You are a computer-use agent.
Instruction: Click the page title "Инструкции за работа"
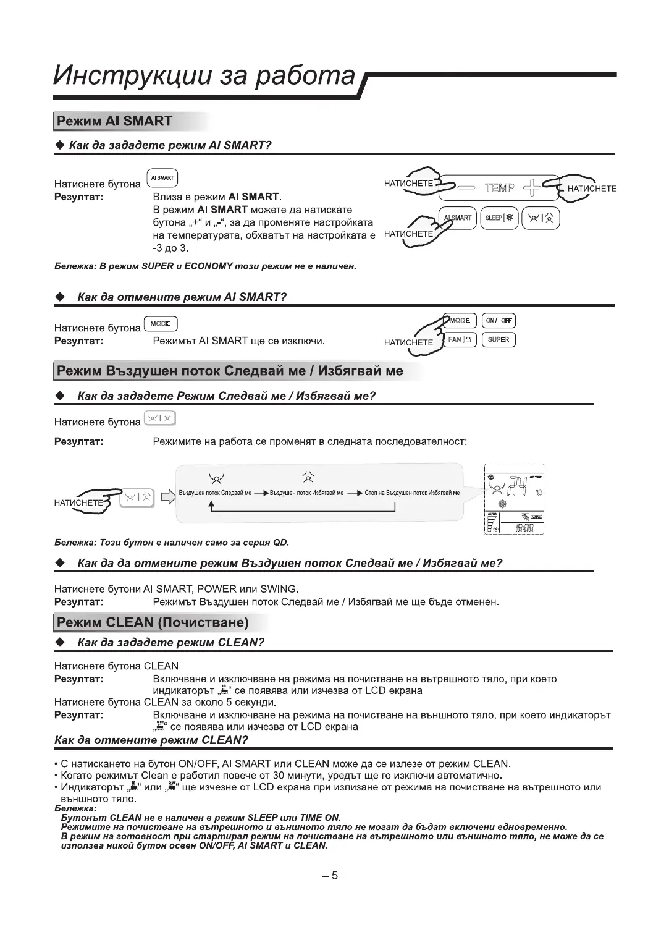tap(204, 75)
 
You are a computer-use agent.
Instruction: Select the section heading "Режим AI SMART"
tap(114, 121)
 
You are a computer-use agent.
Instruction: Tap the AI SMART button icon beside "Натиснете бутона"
tap(162, 178)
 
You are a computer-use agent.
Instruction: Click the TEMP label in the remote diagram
tap(499, 188)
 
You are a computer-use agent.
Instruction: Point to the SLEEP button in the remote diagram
tap(499, 218)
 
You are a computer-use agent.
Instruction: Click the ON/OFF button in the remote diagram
tap(498, 321)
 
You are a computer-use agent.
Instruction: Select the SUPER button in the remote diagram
tap(498, 339)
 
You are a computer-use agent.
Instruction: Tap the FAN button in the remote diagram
tap(461, 339)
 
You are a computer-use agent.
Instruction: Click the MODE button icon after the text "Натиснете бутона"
tap(161, 324)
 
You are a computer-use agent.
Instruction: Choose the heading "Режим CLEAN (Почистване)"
tap(153, 622)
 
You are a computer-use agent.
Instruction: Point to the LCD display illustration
tap(513, 499)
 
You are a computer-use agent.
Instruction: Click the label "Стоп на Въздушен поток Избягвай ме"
tap(412, 493)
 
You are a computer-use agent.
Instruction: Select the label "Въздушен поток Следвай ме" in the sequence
tap(215, 493)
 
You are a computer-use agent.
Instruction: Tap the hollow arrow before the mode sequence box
tap(167, 497)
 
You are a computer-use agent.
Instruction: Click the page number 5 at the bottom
tap(335, 875)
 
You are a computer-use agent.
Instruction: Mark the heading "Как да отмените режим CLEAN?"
tap(151, 740)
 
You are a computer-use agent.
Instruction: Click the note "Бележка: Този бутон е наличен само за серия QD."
tap(172, 543)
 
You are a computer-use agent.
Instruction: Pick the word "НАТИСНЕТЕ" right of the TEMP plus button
tap(591, 189)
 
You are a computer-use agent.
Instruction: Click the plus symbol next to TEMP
tap(531, 187)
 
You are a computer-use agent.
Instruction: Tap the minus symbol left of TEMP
tap(466, 188)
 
